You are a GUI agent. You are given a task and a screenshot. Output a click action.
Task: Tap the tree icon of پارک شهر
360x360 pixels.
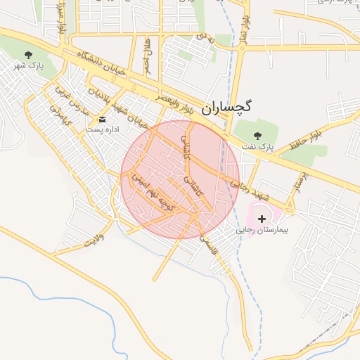(x=28, y=55)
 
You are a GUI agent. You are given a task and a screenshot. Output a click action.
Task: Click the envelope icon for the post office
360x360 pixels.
(x=103, y=120)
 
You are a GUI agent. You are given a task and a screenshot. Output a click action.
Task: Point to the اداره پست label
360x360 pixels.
(x=103, y=130)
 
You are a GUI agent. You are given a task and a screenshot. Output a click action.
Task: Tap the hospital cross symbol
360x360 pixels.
(x=262, y=219)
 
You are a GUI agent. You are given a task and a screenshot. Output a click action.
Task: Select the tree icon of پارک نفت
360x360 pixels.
(x=257, y=135)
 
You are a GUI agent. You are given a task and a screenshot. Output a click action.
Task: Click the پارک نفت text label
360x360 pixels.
(x=257, y=147)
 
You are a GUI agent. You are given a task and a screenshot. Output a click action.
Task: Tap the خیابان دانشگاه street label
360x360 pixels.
(x=96, y=64)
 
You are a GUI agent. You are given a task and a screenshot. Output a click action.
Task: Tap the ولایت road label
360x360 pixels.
(x=94, y=238)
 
